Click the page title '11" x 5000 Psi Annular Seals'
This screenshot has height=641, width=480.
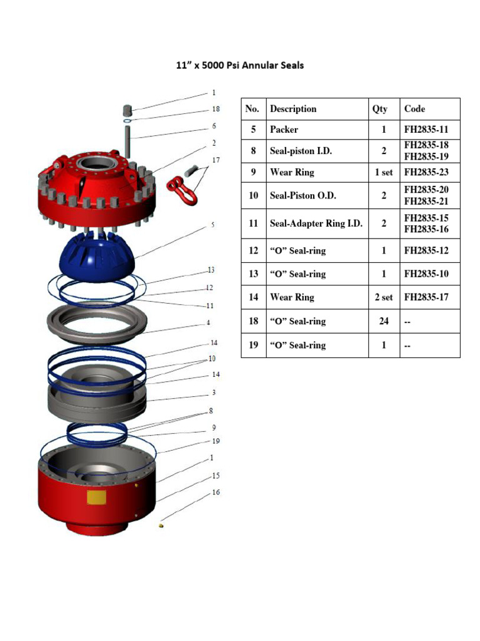tap(239, 65)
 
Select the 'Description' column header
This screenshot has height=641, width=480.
tap(293, 109)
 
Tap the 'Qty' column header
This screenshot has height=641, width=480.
tap(380, 109)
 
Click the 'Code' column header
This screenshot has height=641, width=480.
tap(414, 109)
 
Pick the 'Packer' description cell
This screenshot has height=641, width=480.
tap(284, 130)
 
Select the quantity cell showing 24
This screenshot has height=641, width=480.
tap(383, 321)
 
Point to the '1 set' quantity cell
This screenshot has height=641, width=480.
tap(383, 172)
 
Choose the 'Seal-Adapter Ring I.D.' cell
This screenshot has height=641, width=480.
tap(316, 223)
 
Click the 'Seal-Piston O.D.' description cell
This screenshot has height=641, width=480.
tap(303, 195)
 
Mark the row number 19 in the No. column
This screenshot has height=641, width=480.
tap(253, 345)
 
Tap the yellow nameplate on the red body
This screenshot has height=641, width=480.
tap(96, 498)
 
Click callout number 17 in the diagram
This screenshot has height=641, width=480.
tap(216, 160)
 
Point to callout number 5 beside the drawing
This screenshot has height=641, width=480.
tap(213, 224)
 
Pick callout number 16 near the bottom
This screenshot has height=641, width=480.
tap(216, 493)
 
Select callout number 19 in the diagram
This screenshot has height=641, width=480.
tap(216, 441)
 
